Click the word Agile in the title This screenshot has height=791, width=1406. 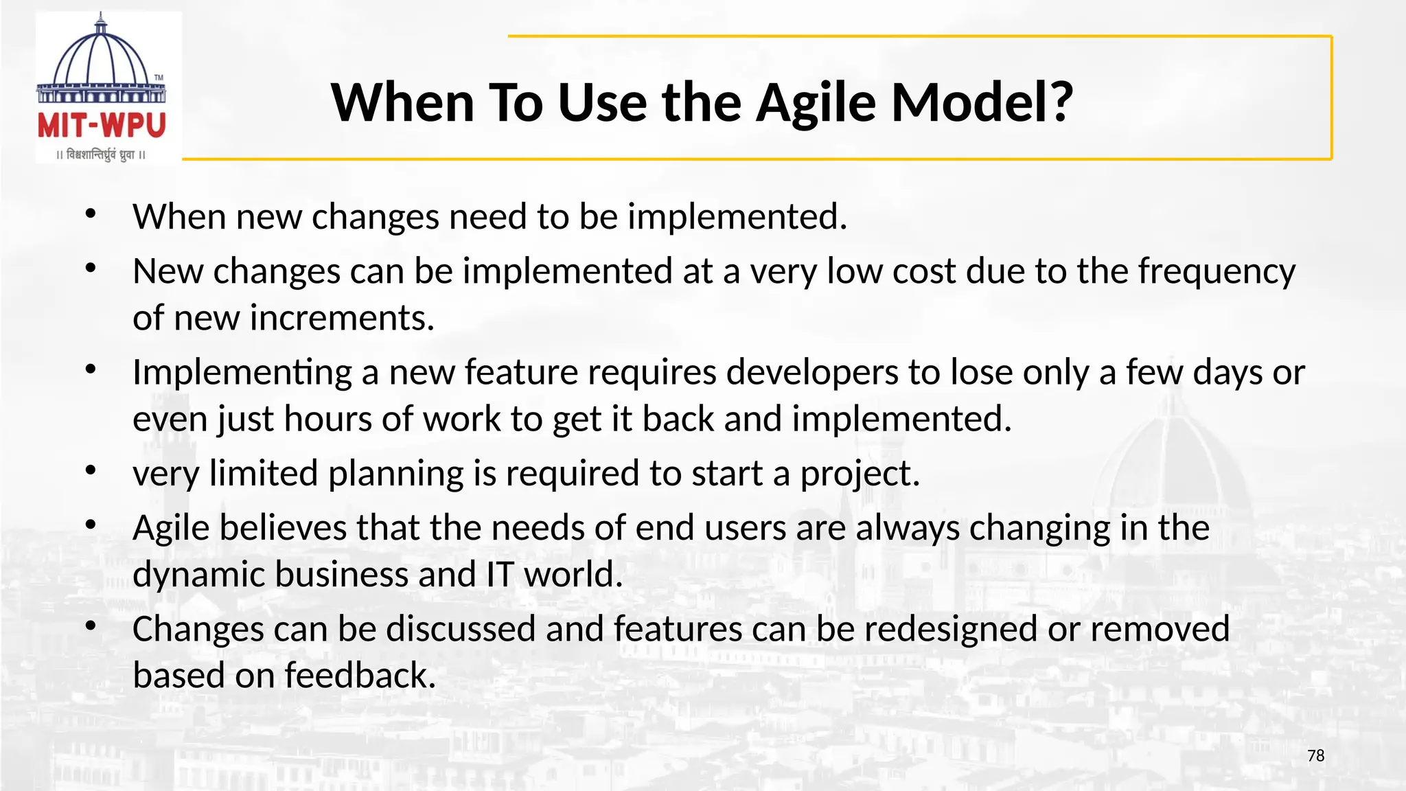(816, 103)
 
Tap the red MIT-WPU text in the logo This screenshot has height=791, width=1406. (102, 126)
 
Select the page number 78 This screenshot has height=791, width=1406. (1315, 756)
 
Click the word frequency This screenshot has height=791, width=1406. (1217, 272)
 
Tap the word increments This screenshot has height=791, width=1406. (342, 319)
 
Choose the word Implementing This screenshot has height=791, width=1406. (242, 374)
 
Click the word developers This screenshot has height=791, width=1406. (812, 374)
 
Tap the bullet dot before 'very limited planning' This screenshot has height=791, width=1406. (91, 471)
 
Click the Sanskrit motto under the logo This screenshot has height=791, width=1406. (101, 155)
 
